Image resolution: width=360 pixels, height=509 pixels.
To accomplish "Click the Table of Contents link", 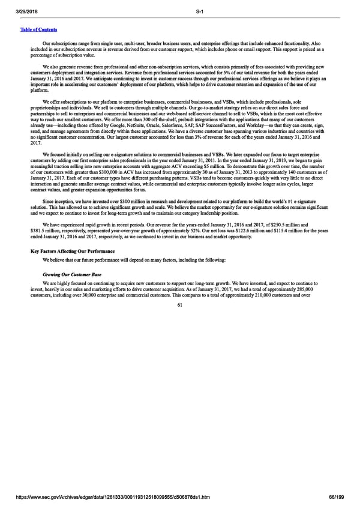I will point(37,29).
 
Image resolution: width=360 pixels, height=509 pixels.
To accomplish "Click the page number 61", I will point(179,304).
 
